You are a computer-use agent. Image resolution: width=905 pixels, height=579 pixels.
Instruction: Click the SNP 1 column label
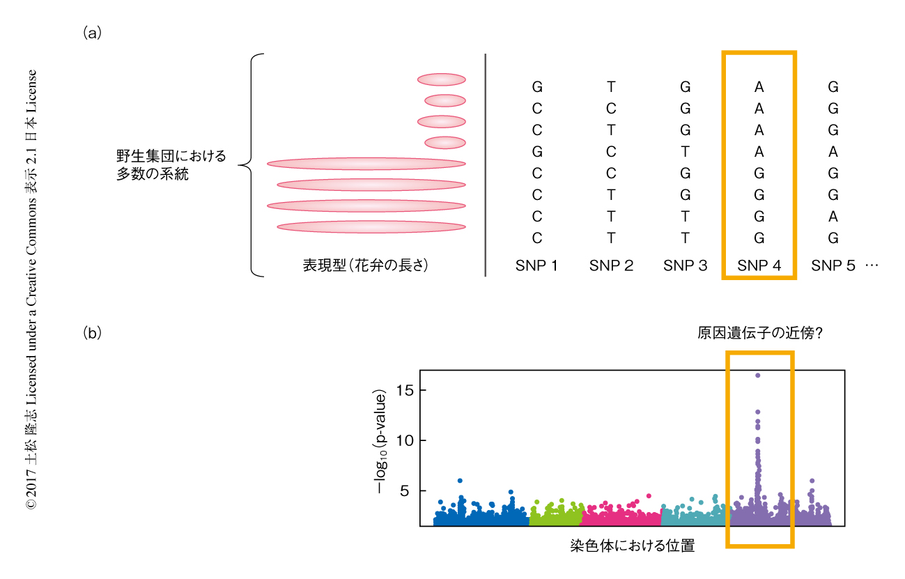tap(536, 265)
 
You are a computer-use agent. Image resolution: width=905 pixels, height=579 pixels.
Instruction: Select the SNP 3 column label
tap(685, 265)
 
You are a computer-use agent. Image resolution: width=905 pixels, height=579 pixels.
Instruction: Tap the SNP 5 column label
tap(833, 265)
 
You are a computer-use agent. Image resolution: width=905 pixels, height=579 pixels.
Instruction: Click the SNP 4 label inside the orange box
tap(759, 265)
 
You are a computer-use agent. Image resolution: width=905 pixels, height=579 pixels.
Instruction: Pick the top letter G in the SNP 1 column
tap(536, 87)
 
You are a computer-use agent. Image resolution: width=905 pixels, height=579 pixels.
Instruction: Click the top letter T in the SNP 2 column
tap(611, 87)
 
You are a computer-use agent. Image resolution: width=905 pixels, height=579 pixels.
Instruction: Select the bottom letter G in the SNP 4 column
tap(759, 238)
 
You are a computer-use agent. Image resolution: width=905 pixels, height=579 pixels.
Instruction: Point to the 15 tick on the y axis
tap(405, 390)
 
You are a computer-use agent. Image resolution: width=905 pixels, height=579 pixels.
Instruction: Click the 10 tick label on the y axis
tap(405, 440)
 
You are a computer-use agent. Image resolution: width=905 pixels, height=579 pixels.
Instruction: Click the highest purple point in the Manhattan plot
tap(757, 376)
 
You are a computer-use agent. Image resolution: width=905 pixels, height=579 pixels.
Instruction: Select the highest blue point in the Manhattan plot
tap(460, 481)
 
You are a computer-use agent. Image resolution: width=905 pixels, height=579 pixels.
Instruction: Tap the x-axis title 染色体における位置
tap(632, 546)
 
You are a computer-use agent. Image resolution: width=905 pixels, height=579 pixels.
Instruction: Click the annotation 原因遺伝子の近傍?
tap(761, 334)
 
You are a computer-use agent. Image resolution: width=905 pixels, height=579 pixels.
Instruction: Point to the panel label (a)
tap(93, 32)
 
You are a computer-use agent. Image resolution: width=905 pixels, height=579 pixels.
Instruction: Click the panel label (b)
tap(93, 332)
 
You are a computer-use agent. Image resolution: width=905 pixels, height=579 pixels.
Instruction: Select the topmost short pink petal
tap(441, 79)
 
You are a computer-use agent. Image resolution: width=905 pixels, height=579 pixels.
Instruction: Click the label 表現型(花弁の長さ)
tap(364, 265)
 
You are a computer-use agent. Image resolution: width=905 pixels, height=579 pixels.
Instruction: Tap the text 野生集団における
tap(171, 156)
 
